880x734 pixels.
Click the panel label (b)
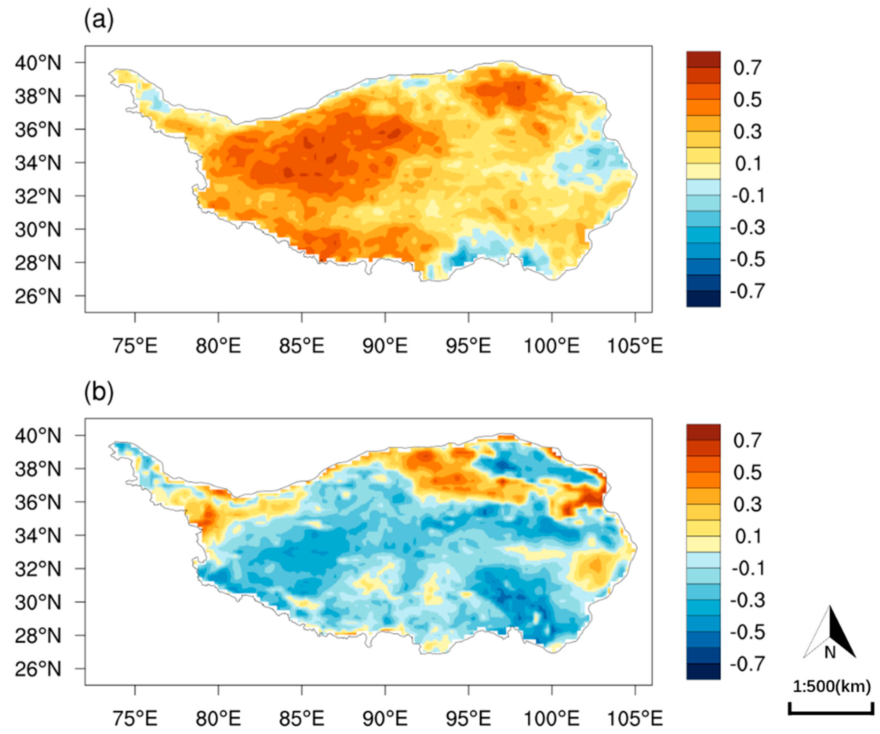tap(99, 393)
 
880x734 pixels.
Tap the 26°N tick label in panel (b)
tap(38, 669)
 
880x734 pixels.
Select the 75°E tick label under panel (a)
tap(135, 346)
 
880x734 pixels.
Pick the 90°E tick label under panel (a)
tap(385, 346)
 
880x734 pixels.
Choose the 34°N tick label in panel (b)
tap(38, 536)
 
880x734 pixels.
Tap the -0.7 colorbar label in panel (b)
tap(748, 664)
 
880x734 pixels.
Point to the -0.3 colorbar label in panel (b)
tap(748, 600)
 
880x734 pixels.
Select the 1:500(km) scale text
tap(832, 687)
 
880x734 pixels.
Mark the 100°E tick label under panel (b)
tap(552, 719)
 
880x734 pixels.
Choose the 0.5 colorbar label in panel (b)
tap(748, 473)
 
